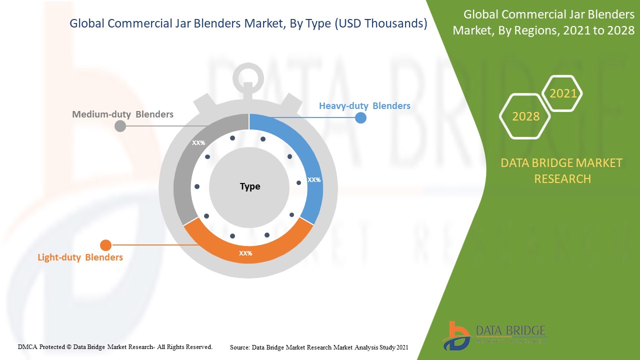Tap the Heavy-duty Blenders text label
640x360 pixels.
[364, 106]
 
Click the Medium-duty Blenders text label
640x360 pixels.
[122, 114]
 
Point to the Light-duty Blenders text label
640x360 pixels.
[80, 257]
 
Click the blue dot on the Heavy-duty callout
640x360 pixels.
[360, 118]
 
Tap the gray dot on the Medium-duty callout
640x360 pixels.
[120, 126]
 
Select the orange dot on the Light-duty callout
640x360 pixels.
[105, 245]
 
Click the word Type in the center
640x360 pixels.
[250, 186]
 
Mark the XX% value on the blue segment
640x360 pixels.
[314, 179]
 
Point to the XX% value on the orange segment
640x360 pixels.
[245, 253]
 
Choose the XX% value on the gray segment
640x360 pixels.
[198, 143]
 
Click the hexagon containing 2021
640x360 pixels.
[563, 93]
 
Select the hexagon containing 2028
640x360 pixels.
[525, 116]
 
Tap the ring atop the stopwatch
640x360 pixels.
[248, 77]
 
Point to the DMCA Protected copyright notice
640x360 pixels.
[115, 346]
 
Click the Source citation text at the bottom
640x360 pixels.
[319, 347]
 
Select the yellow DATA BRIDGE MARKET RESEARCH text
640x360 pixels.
[561, 170]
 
